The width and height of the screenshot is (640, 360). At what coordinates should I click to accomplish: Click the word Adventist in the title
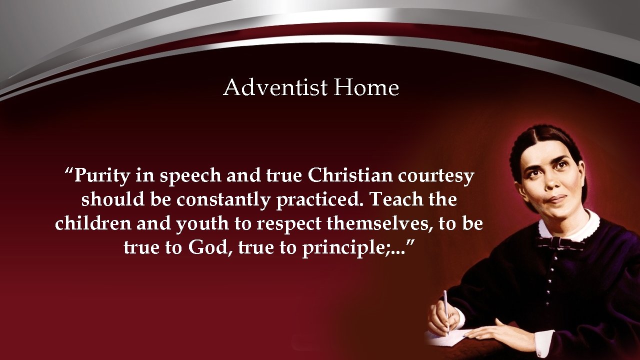pyautogui.click(x=275, y=88)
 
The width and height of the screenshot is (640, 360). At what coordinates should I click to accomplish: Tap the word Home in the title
pyautogui.click(x=366, y=88)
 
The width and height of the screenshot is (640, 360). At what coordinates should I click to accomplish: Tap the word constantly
pyautogui.click(x=223, y=200)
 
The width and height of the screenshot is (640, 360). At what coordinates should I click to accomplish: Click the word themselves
pyautogui.click(x=379, y=223)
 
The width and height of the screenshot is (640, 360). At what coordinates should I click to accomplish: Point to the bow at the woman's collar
pyautogui.click(x=560, y=243)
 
